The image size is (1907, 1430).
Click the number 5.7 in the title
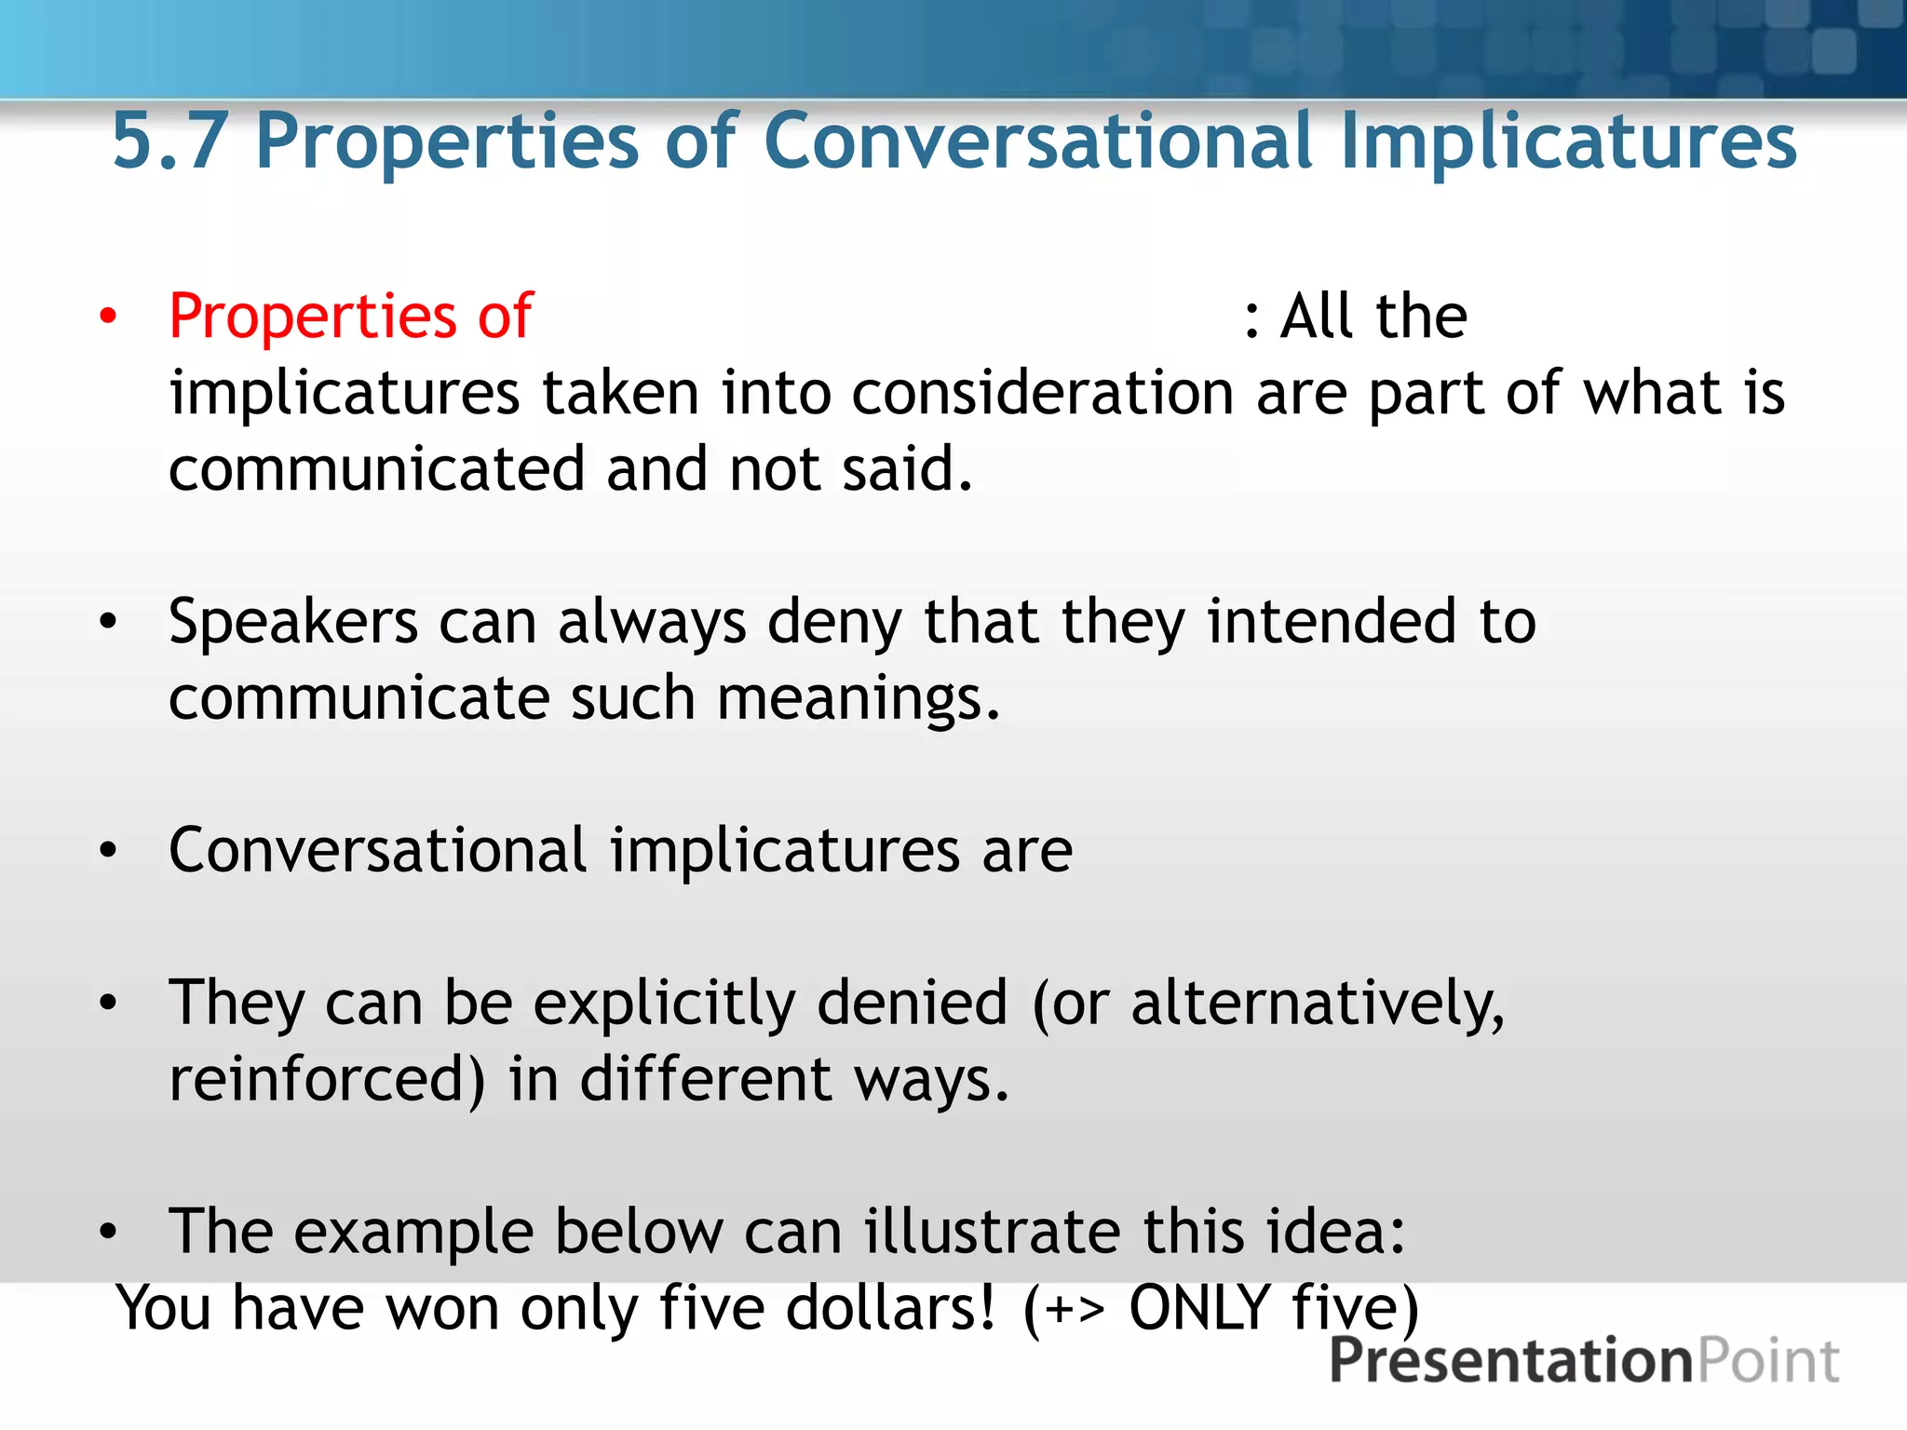tap(169, 142)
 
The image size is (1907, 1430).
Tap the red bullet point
tap(109, 317)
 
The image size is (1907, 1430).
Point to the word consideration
tap(1042, 393)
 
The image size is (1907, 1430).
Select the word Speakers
tap(293, 622)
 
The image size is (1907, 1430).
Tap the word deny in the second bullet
tap(833, 622)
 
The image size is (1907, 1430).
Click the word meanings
tap(858, 698)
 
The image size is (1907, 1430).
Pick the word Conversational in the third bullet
tap(377, 850)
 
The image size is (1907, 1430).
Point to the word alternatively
tap(1317, 1004)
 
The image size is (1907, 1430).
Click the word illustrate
tap(991, 1232)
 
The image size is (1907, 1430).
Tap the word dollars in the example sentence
tap(890, 1308)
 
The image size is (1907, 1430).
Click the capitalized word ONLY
tap(1199, 1308)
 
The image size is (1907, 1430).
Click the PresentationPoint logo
tap(1583, 1361)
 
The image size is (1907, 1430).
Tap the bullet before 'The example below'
tap(109, 1233)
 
